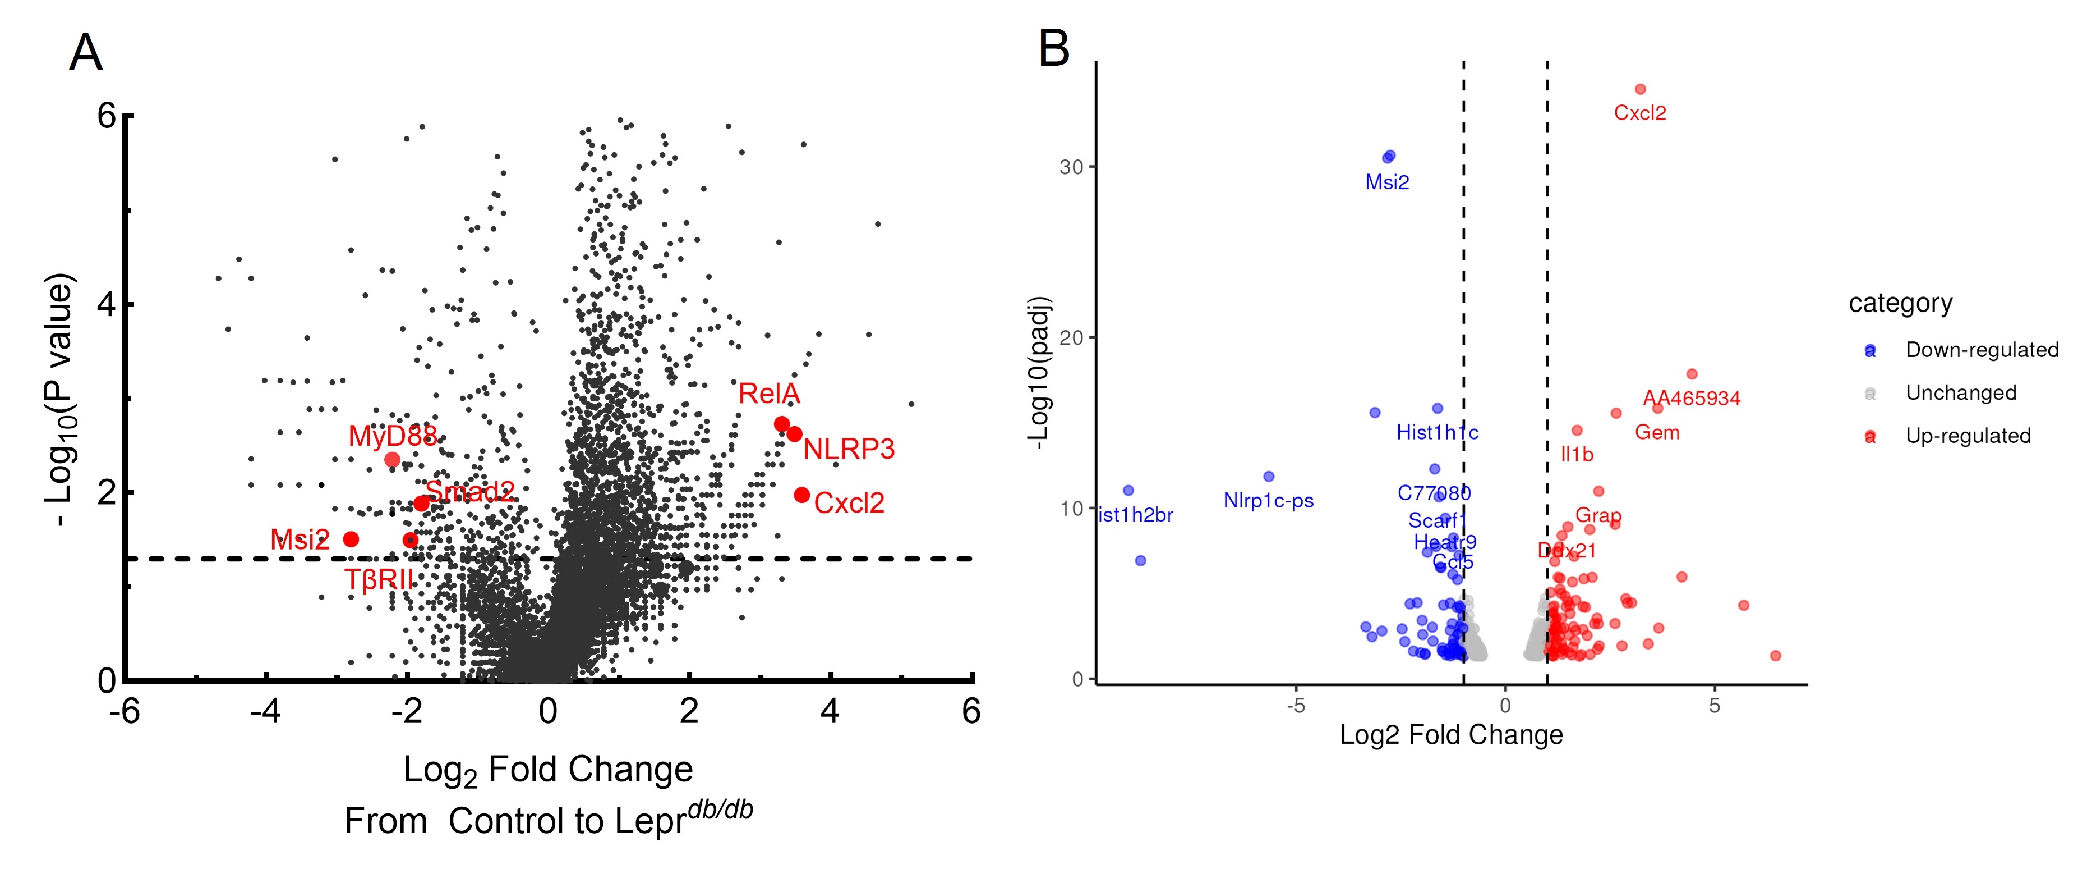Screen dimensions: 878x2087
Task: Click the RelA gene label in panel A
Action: (x=769, y=394)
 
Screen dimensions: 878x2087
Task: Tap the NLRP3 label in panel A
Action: (x=848, y=449)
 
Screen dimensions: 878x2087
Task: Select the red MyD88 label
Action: (x=392, y=436)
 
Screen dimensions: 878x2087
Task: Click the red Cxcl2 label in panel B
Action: (x=1640, y=113)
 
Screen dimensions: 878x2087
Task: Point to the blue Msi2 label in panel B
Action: (x=1387, y=182)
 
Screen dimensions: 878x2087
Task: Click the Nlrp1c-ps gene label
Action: (x=1268, y=501)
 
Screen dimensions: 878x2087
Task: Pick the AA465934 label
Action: (x=1692, y=398)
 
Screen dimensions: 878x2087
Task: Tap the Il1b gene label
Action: (x=1577, y=455)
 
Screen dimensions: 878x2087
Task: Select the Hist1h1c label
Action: (x=1436, y=433)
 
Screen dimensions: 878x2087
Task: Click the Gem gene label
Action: (x=1657, y=433)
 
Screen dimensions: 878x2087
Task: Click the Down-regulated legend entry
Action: (x=1982, y=350)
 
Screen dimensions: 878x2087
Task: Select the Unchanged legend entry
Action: (x=1961, y=393)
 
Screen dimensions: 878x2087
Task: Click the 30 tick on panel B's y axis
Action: (x=1071, y=167)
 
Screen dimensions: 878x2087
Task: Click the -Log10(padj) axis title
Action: (x=1038, y=373)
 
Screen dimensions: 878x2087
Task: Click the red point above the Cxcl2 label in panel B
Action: (x=1641, y=89)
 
